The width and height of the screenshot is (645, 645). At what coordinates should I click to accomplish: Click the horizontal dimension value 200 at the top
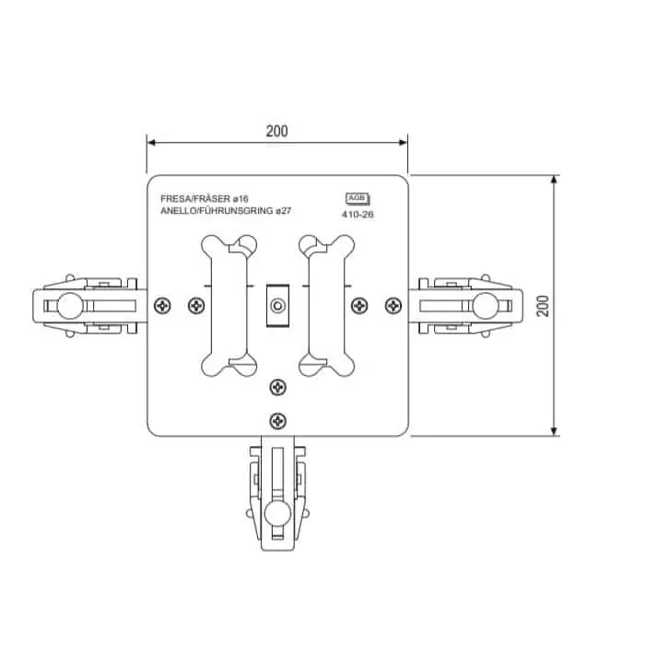[276, 131]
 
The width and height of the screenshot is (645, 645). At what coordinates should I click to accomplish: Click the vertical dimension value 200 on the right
[543, 306]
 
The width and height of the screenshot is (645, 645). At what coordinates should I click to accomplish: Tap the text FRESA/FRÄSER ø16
[205, 199]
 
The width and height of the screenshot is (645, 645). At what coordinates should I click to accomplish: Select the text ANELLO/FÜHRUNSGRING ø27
[226, 211]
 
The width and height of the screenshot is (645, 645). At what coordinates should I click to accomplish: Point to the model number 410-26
[358, 215]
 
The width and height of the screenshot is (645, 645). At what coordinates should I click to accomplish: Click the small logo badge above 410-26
[358, 199]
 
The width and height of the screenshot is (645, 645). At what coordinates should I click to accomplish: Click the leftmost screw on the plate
[162, 306]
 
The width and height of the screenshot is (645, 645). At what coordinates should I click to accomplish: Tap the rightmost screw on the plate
[393, 306]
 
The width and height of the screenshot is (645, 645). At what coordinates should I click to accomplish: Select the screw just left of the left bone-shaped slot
[196, 306]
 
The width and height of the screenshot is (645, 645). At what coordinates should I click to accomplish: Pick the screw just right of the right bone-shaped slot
[360, 306]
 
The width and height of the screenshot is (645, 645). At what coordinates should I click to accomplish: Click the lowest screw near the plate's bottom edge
[277, 421]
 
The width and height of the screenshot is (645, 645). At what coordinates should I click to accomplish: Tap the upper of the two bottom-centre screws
[277, 388]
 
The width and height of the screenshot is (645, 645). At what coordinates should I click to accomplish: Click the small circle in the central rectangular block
[277, 306]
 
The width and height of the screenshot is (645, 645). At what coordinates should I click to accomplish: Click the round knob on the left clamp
[70, 306]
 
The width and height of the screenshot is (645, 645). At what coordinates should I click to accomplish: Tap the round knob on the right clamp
[486, 306]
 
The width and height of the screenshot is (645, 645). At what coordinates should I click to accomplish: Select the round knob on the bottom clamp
[277, 514]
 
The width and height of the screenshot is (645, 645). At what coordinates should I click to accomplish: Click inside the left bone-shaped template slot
[229, 306]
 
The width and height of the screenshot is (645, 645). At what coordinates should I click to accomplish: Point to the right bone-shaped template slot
[326, 306]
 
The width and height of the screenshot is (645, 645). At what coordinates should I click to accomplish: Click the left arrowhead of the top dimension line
[151, 143]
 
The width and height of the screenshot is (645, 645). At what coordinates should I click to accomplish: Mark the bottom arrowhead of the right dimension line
[554, 431]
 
